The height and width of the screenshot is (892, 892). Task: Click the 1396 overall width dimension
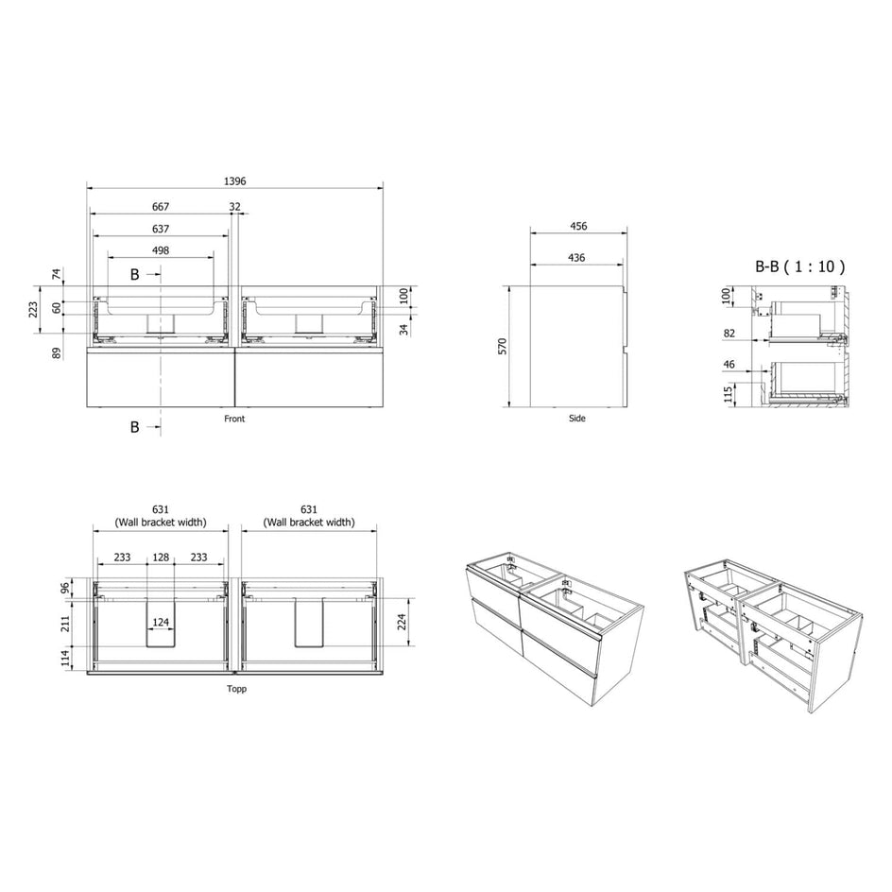click(x=234, y=181)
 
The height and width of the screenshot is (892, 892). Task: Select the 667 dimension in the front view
click(x=161, y=207)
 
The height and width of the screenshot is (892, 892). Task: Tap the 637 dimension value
click(x=161, y=229)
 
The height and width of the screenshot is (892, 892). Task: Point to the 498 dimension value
click(x=161, y=250)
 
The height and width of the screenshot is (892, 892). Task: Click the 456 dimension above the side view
click(x=578, y=227)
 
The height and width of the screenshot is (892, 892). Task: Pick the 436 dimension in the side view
click(x=576, y=258)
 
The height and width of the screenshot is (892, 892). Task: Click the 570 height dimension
click(x=503, y=347)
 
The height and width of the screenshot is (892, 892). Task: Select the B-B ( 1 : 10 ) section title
click(x=799, y=266)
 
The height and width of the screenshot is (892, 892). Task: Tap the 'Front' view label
click(x=234, y=419)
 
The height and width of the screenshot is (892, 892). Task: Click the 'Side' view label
click(x=576, y=418)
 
